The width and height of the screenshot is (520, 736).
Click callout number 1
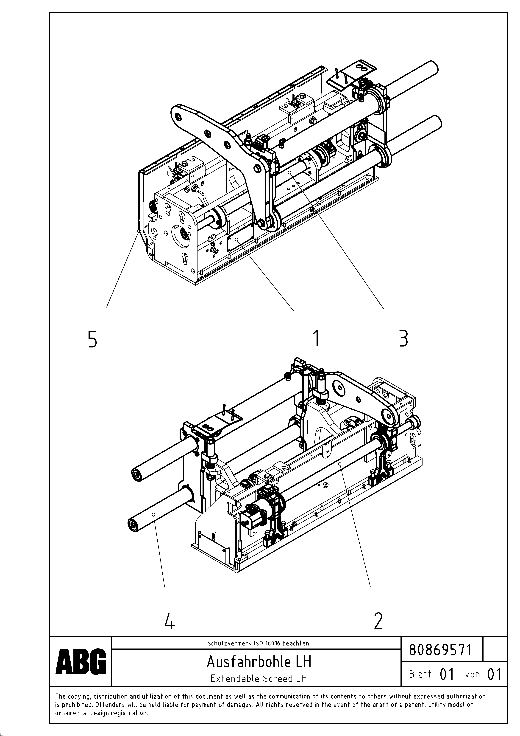tap(316, 338)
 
